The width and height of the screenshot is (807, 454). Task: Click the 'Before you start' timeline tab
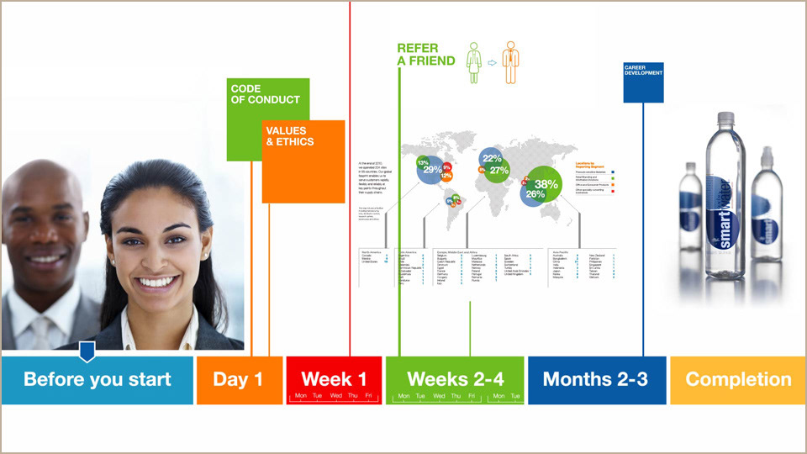[97, 379]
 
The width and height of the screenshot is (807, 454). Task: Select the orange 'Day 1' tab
[238, 379]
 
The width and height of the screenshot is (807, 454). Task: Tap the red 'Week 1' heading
[334, 377]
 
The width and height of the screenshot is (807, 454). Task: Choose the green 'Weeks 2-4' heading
[456, 377]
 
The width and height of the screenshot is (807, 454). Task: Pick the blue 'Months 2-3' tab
[595, 379]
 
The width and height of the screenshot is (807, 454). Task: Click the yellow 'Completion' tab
[738, 379]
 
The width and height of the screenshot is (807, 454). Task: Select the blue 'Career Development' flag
[643, 82]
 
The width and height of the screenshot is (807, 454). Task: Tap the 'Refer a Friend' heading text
[426, 55]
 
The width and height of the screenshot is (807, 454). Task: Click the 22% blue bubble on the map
[492, 158]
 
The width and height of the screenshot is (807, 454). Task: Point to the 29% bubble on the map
[432, 170]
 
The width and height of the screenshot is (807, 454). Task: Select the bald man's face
[42, 227]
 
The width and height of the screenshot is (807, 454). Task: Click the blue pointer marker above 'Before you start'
[87, 350]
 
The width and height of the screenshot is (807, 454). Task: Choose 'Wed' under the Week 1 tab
[335, 396]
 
